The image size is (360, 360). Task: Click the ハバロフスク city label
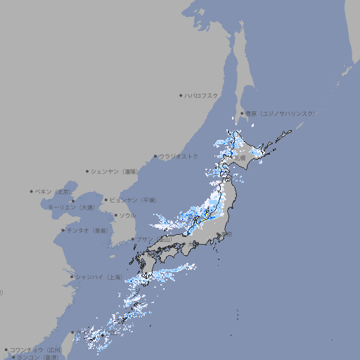(x=202, y=95)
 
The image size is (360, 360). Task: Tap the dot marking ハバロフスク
(x=181, y=95)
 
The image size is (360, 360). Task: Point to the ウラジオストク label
(x=179, y=156)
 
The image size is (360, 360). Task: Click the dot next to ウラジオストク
(x=155, y=156)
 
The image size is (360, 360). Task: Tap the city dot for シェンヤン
(x=87, y=171)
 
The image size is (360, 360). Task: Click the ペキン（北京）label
(x=54, y=191)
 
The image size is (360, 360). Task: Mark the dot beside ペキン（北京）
(x=32, y=191)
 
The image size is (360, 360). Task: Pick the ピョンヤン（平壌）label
(x=133, y=200)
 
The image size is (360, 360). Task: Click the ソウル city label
(x=127, y=215)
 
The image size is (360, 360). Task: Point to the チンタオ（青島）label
(x=87, y=231)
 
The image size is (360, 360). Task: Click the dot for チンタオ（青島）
(x=63, y=231)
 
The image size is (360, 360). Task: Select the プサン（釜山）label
(x=155, y=239)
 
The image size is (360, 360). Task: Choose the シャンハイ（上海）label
(x=99, y=277)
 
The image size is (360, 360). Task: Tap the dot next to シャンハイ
(x=72, y=277)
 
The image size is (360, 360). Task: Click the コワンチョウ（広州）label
(x=36, y=349)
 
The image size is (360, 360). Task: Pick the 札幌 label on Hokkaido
(x=240, y=158)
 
